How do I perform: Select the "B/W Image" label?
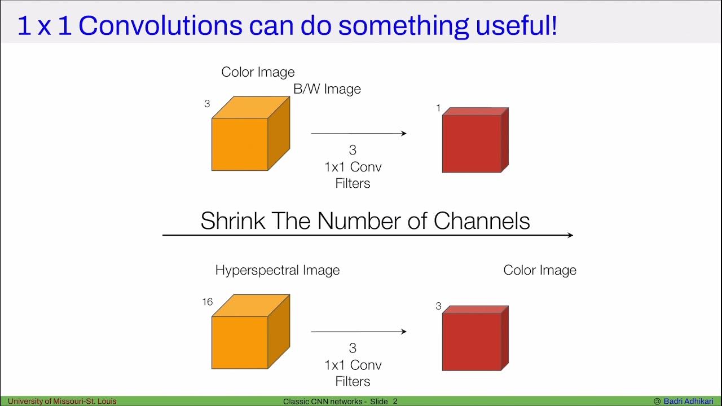click(x=327, y=89)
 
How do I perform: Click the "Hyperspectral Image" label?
click(x=278, y=270)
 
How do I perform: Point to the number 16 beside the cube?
click(x=208, y=302)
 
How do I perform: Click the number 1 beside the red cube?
click(x=438, y=108)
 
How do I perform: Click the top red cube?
click(x=474, y=141)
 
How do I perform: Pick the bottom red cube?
click(x=474, y=339)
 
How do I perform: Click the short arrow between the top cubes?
click(x=359, y=134)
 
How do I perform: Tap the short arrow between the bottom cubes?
click(x=359, y=332)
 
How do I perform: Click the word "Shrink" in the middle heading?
click(x=233, y=221)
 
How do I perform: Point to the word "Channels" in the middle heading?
click(x=482, y=221)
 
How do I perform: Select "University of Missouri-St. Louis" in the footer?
click(x=62, y=401)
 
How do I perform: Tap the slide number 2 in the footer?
click(x=395, y=401)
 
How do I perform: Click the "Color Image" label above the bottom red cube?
click(x=540, y=270)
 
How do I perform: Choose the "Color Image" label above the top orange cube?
click(x=258, y=72)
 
